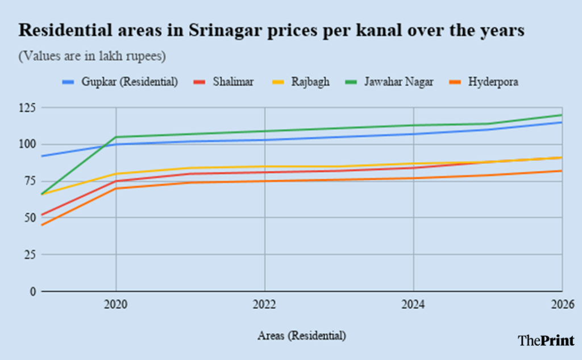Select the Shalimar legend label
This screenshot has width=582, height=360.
(233, 82)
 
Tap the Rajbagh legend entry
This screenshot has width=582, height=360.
(310, 82)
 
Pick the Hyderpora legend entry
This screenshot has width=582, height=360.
(493, 82)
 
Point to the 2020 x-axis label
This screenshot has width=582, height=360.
(116, 305)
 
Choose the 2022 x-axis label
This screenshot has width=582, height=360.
(265, 305)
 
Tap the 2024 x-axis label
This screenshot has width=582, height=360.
(413, 305)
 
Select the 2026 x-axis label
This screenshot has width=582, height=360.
(561, 305)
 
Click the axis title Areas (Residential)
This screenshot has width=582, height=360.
(301, 336)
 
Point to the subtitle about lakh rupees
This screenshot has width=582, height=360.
(92, 56)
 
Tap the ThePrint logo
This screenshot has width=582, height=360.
(546, 340)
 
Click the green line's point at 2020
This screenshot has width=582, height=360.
(116, 137)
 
